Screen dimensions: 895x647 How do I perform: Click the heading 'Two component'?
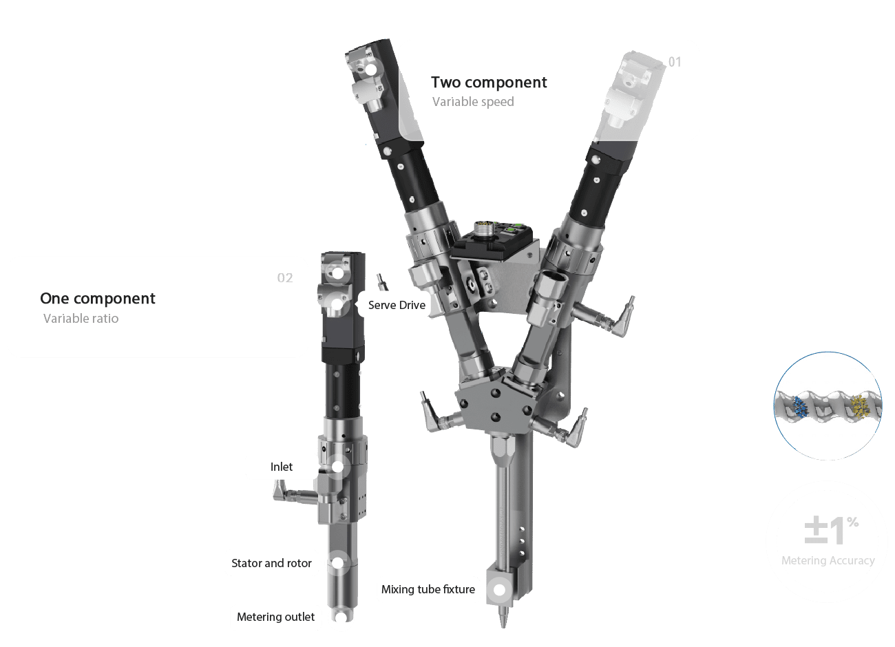pos(489,83)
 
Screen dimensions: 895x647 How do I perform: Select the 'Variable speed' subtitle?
pos(473,102)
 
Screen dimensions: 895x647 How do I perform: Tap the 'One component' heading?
pos(98,299)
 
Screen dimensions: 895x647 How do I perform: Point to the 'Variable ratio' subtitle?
pos(81,318)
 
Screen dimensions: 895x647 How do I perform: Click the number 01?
pos(675,62)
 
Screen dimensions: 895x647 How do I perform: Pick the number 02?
pos(285,278)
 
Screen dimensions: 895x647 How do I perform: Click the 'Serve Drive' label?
pos(397,306)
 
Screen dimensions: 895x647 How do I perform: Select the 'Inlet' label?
pos(282,467)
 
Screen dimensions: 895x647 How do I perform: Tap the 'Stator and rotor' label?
pos(271,564)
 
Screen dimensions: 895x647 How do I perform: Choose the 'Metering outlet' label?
pos(275,617)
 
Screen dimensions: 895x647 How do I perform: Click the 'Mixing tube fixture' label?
pos(428,589)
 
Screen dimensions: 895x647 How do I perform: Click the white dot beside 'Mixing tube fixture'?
pos(499,590)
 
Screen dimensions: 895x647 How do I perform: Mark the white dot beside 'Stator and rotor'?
pos(337,563)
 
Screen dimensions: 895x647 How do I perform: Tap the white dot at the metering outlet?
pos(341,617)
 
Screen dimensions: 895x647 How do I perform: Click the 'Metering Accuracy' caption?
pos(828,561)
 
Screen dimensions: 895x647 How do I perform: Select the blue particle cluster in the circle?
pos(799,407)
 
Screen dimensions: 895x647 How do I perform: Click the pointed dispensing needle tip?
pos(503,627)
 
